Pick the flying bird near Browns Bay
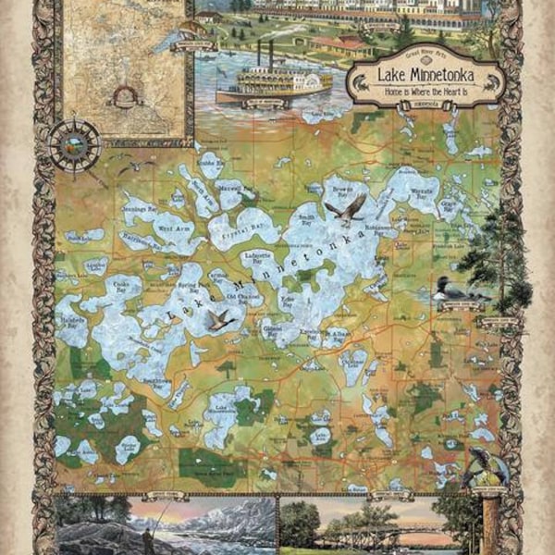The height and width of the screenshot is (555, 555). pyautogui.click(x=346, y=210)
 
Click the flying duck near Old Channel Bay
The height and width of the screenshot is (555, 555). pyautogui.click(x=218, y=320)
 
